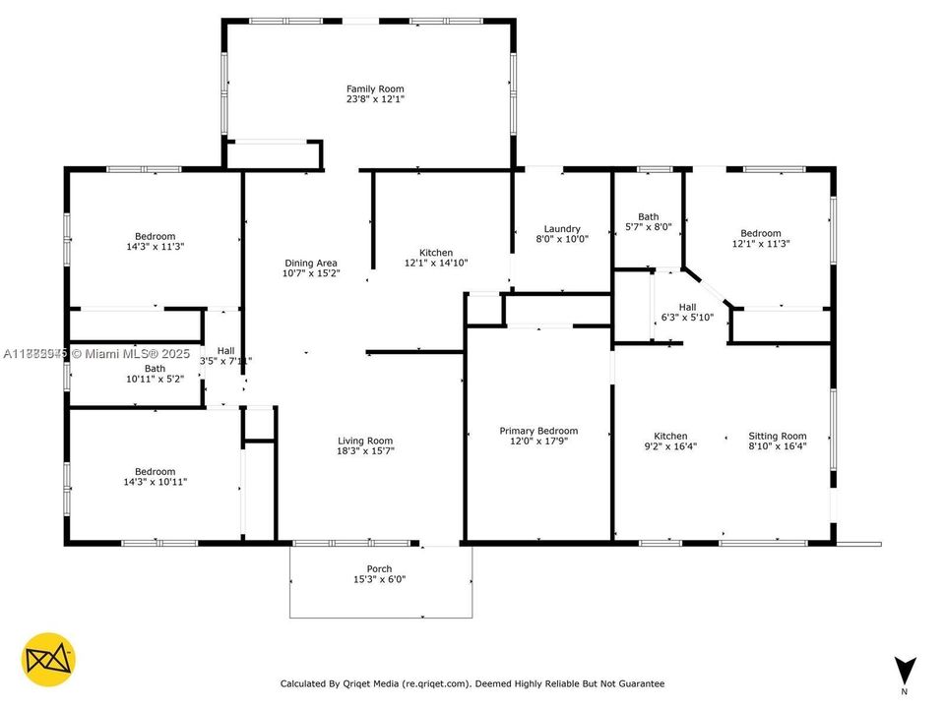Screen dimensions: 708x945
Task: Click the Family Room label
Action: click(375, 88)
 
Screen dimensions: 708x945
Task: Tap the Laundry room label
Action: click(562, 228)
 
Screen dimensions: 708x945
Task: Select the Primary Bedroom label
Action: click(538, 431)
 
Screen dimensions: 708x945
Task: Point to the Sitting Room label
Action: click(778, 436)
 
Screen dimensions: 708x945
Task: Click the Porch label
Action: click(379, 568)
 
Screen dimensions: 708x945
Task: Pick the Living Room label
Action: click(365, 441)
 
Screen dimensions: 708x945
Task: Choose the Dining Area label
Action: click(311, 263)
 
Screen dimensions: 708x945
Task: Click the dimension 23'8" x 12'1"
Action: click(375, 99)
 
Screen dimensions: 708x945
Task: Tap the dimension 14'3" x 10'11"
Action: click(156, 482)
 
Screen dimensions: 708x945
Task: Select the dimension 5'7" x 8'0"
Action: click(648, 227)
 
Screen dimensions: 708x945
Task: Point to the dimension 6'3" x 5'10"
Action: click(687, 317)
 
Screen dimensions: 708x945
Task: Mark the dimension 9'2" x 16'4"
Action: click(671, 446)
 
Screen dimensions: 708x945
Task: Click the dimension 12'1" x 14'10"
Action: click(436, 263)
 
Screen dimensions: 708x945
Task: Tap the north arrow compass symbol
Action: click(906, 668)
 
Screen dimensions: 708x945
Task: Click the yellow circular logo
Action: click(48, 659)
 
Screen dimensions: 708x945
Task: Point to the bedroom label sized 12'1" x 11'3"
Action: click(761, 233)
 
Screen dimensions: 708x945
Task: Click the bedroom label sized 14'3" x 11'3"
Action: click(156, 236)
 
